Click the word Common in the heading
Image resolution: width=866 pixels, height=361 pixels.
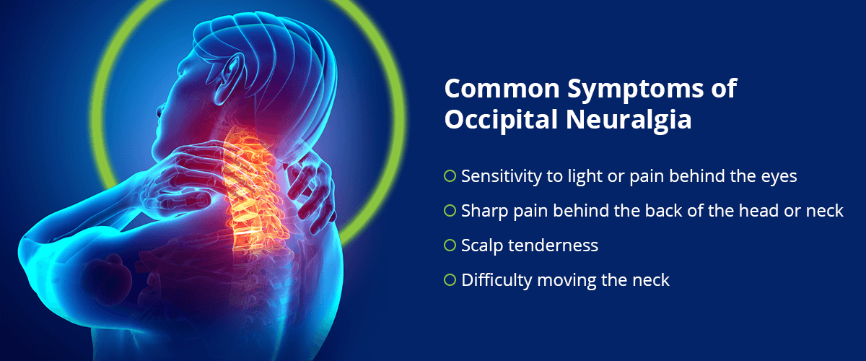tap(502, 89)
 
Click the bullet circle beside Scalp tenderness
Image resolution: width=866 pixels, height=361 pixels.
tap(450, 245)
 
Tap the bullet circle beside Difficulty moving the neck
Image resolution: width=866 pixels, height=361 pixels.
tap(450, 279)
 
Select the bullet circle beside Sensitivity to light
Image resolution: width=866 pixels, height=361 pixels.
tap(450, 176)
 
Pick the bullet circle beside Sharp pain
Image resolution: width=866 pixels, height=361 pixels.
tap(450, 211)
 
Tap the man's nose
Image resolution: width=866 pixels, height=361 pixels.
tap(159, 110)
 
